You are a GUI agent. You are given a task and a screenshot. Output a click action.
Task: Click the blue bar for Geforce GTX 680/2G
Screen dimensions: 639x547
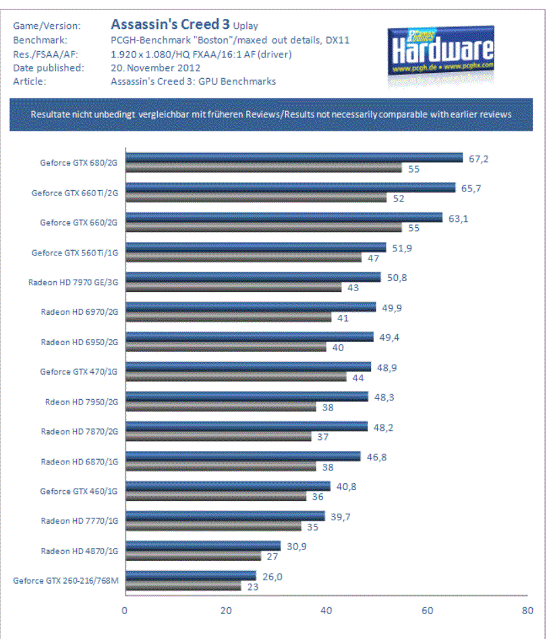tap(294, 158)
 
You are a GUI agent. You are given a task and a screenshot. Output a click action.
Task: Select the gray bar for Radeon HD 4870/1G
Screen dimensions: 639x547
tap(193, 557)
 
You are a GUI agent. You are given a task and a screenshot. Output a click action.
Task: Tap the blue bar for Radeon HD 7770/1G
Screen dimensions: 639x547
tap(225, 516)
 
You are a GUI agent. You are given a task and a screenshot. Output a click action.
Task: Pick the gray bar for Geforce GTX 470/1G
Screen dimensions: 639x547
tap(235, 377)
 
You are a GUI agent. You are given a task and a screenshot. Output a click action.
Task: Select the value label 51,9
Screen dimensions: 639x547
tap(402, 247)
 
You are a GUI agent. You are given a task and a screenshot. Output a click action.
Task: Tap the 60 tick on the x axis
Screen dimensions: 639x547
tap(426, 611)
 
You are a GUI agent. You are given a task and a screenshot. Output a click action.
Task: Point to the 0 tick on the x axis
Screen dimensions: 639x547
tap(125, 611)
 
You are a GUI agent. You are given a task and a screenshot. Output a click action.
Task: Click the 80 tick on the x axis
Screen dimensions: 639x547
tap(527, 611)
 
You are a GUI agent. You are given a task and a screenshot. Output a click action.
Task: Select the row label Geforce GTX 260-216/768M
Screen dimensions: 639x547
tap(65, 580)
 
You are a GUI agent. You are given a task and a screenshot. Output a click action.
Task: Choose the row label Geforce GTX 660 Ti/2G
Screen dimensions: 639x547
tap(75, 193)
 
